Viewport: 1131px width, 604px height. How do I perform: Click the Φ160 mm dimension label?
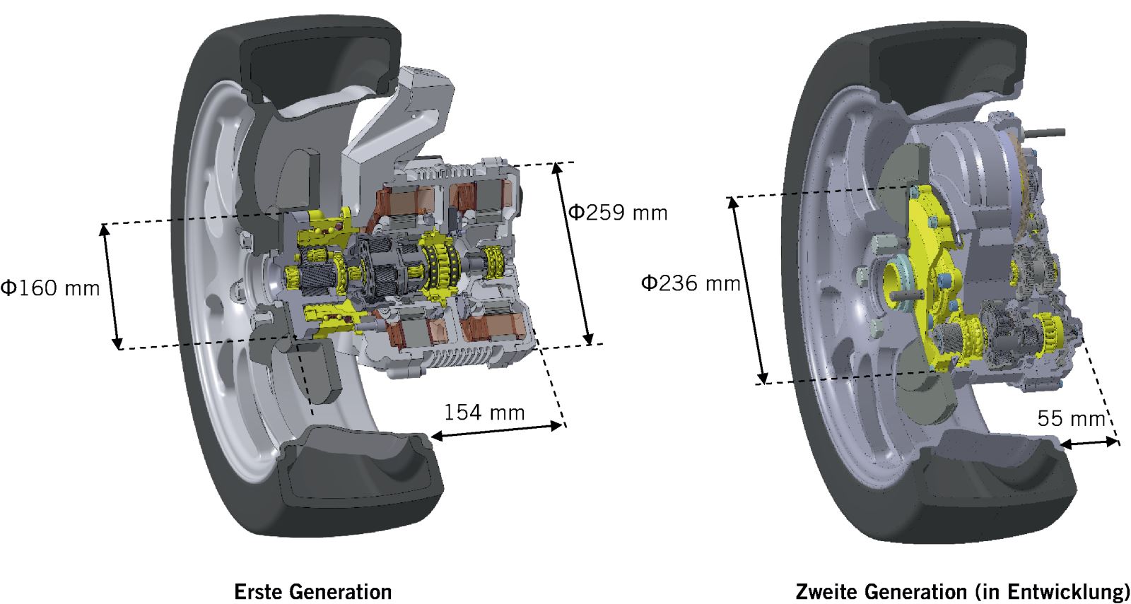click(x=49, y=288)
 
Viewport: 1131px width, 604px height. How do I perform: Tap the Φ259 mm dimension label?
click(x=618, y=212)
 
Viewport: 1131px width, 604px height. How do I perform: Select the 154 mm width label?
click(x=484, y=412)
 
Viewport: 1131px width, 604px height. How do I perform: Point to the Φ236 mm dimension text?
click(x=690, y=283)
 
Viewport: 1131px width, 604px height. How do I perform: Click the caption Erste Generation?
click(x=312, y=591)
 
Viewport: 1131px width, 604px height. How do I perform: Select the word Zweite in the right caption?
click(x=827, y=591)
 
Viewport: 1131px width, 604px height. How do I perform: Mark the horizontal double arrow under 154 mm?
click(x=498, y=430)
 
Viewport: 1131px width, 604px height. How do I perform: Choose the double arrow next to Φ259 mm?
click(x=575, y=254)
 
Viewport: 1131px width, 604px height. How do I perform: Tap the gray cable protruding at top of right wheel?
click(x=1046, y=131)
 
